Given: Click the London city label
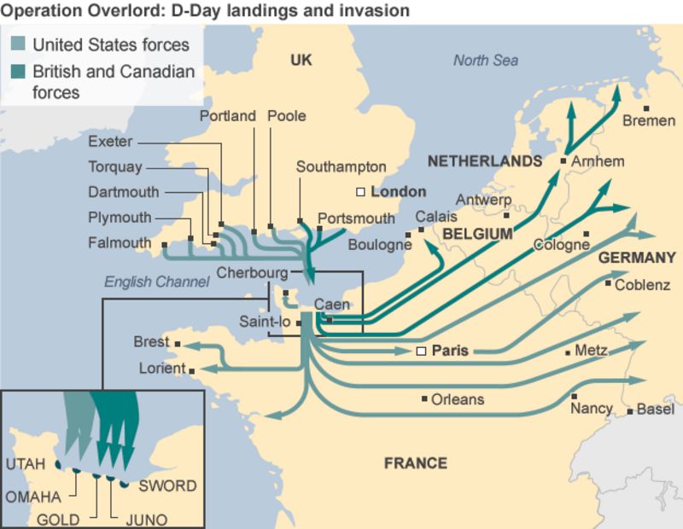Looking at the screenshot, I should coord(398,192).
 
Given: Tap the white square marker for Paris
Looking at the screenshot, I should coord(420,351).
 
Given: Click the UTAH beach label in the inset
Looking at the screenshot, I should coord(26,464).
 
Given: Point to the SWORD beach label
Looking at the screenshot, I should coord(167,486).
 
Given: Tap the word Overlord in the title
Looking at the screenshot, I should coord(101,11).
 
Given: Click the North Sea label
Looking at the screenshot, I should coord(485,61).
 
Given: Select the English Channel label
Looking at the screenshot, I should coord(156,281).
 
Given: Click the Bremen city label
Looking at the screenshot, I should coord(649,121).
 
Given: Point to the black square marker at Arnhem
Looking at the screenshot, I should coord(563,160).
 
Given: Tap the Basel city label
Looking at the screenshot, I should coord(656,410).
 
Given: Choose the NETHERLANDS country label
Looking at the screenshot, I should coord(484,161).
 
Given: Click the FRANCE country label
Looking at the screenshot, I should coord(415,463).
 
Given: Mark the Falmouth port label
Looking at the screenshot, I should coord(120,243).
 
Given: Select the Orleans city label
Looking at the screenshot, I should coord(458,399).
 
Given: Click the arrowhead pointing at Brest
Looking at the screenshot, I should coord(183,345).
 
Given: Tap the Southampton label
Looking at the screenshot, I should coord(341,167).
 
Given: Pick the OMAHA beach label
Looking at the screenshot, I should coord(33,497).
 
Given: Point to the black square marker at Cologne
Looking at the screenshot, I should coord(587,234).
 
